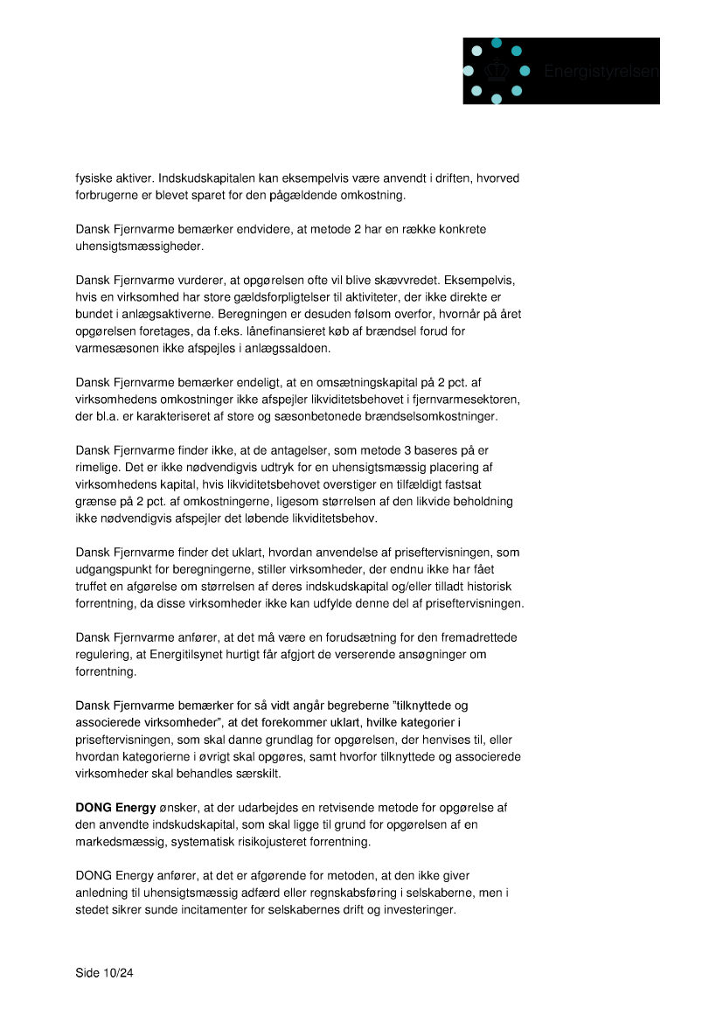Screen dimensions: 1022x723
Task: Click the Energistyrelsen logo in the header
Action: pyautogui.click(x=560, y=71)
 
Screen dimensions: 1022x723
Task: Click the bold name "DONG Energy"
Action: pyautogui.click(x=111, y=808)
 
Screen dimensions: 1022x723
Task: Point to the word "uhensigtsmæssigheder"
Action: pyautogui.click(x=139, y=247)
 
